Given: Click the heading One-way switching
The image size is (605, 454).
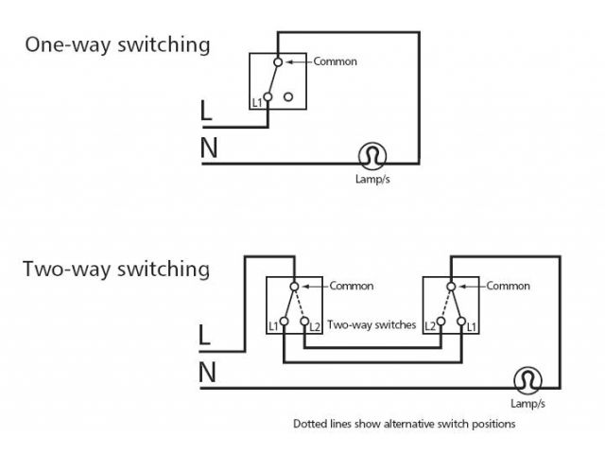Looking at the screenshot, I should pos(117,44).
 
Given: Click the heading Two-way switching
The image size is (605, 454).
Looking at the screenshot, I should pos(116,270).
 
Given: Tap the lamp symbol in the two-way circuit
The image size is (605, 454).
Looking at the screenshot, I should pos(527,380).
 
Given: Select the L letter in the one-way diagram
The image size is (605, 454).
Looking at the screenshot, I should pos(207,112).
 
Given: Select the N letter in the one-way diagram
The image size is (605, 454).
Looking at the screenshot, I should pos(208,148).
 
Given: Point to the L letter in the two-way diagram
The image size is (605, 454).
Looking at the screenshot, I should pos(206,336).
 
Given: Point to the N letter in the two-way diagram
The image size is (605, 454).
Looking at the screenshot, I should pos(208,374).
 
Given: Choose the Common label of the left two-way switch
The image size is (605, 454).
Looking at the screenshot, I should pos(351,286).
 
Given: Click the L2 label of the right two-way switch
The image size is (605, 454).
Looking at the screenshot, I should pos(429,325).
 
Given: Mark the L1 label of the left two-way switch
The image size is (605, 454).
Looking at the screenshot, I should pos(272,325).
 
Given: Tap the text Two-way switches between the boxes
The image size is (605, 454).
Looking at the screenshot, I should pos(372,325).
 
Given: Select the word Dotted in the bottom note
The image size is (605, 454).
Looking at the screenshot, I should pos(311,425).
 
